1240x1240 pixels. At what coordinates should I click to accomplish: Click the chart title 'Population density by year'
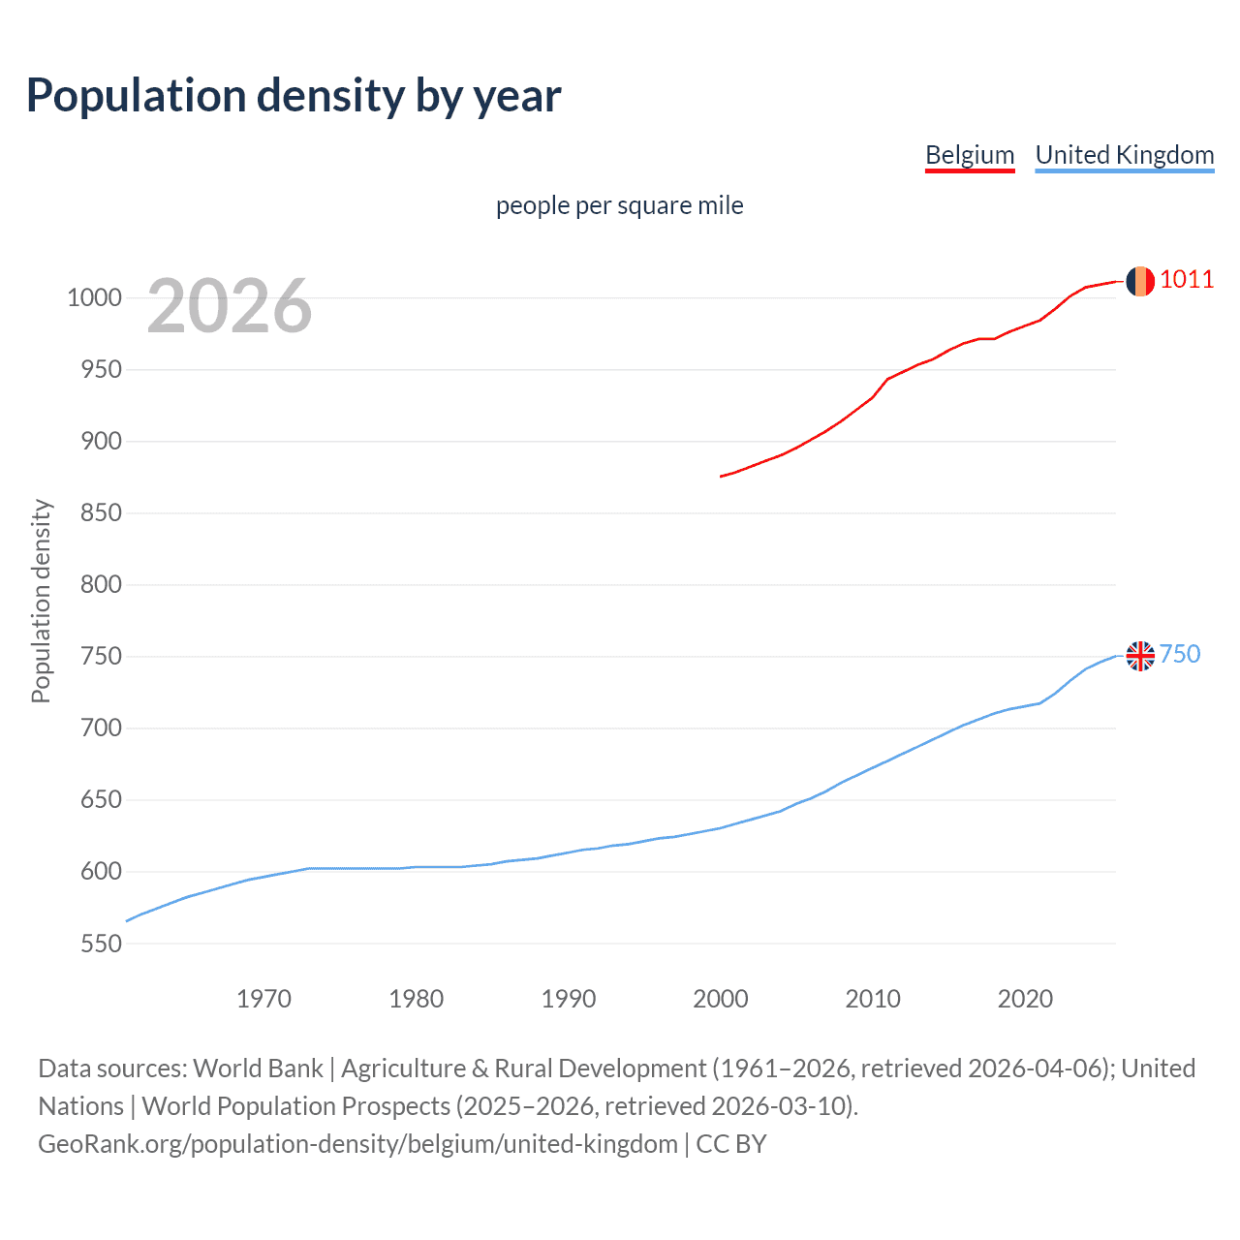(x=294, y=96)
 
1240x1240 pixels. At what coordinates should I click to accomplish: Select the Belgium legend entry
(x=970, y=155)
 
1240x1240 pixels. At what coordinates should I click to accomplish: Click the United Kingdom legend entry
(x=1124, y=155)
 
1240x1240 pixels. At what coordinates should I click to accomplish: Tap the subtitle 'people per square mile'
(x=619, y=205)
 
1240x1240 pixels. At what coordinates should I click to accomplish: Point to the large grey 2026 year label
(x=230, y=306)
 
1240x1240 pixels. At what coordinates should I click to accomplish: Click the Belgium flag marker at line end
(x=1139, y=281)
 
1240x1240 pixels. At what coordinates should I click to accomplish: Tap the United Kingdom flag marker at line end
(x=1140, y=656)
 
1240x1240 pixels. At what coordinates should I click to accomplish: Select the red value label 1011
(x=1186, y=280)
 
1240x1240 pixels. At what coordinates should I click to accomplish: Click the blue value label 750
(x=1179, y=655)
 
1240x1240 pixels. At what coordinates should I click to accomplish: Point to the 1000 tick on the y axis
(x=94, y=297)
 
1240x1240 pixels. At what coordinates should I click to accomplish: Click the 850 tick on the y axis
(x=101, y=512)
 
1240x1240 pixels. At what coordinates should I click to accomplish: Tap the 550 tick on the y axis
(x=101, y=944)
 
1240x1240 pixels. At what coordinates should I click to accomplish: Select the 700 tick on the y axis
(x=101, y=728)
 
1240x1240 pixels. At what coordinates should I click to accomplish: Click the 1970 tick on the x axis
(x=263, y=999)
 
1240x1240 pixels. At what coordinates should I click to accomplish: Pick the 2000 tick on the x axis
(x=720, y=999)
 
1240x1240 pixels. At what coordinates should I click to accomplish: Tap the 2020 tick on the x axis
(x=1024, y=999)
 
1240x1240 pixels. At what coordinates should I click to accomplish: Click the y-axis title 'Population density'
(x=41, y=601)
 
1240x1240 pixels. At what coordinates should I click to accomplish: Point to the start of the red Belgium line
(x=722, y=476)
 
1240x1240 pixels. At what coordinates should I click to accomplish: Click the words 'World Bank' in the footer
(x=258, y=1069)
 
